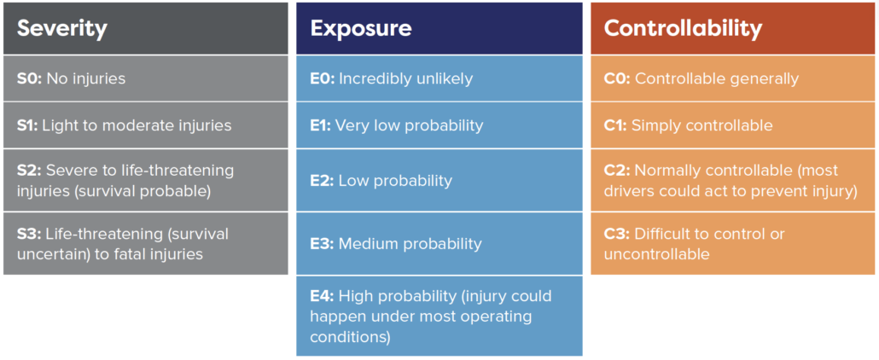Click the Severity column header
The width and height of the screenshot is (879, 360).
pyautogui.click(x=146, y=28)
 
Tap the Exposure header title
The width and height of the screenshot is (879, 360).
pyautogui.click(x=361, y=28)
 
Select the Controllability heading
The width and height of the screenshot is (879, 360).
pyautogui.click(x=683, y=28)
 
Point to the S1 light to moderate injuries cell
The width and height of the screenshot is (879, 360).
pyautogui.click(x=146, y=125)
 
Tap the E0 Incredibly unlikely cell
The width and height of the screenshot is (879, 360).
pyautogui.click(x=439, y=78)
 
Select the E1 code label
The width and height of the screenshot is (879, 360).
pyautogui.click(x=321, y=125)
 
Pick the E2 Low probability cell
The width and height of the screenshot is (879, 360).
pyautogui.click(x=439, y=181)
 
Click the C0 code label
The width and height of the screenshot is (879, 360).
pyautogui.click(x=617, y=78)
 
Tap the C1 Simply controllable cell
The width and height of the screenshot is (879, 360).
pyautogui.click(x=733, y=125)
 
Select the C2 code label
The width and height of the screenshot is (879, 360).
pyautogui.click(x=617, y=170)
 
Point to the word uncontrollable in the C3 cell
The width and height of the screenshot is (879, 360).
pyautogui.click(x=656, y=254)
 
